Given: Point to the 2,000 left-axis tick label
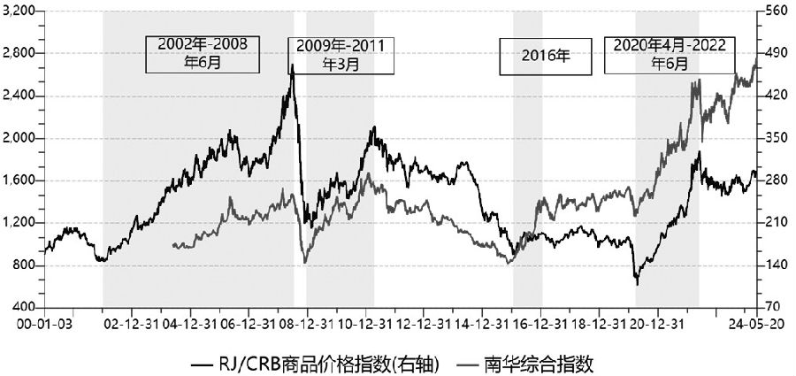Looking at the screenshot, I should (x=18, y=138).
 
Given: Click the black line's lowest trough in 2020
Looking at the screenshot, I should (x=637, y=284).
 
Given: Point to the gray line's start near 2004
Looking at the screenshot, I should (x=172, y=245).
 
